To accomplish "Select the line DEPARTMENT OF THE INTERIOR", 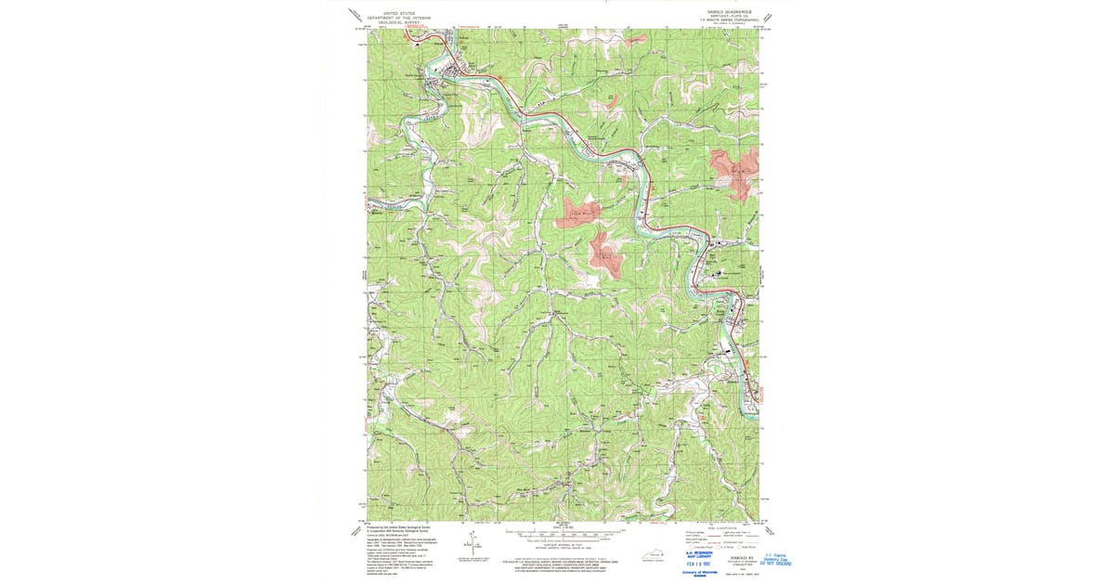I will point(399,18).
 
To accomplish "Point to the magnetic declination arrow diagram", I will point(474,543).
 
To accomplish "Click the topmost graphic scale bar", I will point(563,533).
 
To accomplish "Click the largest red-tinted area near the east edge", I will point(736,175).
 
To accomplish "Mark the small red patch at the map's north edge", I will point(635,38).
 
